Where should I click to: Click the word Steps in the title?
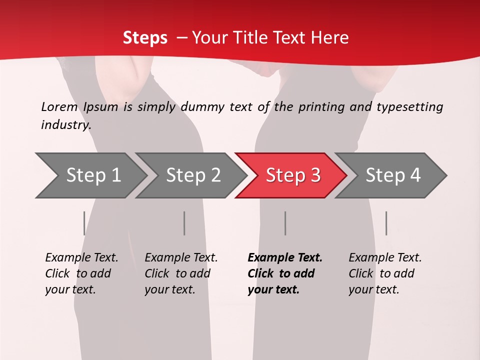145,38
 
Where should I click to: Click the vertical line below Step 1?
84,223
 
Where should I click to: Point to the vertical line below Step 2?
184,223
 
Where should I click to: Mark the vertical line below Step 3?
285,223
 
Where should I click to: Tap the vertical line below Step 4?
386,223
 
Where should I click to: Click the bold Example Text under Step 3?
285,258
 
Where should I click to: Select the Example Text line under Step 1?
81,258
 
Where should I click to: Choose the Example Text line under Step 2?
181,258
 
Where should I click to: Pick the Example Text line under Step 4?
385,258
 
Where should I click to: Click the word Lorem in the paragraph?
59,107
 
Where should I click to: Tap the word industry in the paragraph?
65,125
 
